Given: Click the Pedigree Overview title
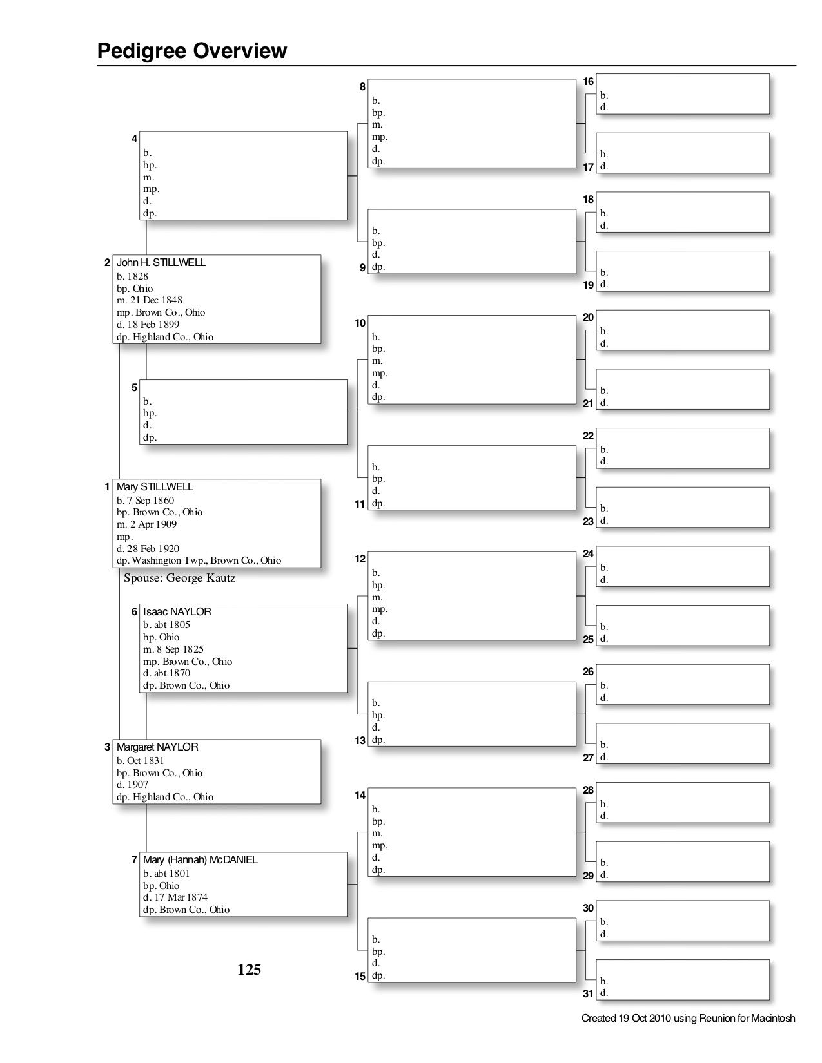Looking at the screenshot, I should (191, 51).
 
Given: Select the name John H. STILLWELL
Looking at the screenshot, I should (161, 263).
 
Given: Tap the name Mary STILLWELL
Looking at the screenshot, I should (155, 487).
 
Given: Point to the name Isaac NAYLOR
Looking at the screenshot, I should (177, 611).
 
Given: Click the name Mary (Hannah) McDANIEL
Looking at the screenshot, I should (200, 860).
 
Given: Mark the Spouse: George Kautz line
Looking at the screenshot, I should (179, 578).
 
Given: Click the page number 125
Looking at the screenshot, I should (249, 969).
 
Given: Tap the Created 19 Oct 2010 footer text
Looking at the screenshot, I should (688, 1019).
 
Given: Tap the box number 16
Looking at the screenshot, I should (588, 82).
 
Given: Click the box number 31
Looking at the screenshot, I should (588, 993).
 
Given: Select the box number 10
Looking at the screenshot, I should (360, 323).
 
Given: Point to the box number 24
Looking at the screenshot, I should (588, 554).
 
